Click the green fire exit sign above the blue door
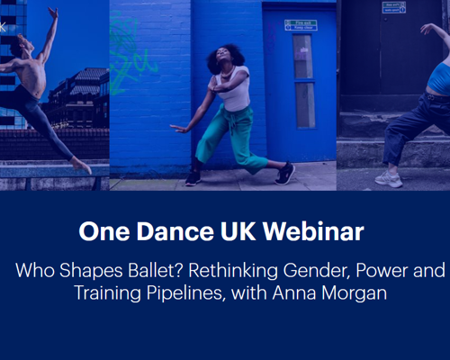(x=301, y=25)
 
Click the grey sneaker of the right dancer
(x=388, y=178)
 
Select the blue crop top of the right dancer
(x=439, y=79)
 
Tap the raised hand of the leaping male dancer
(x=54, y=12)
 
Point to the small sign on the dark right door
(x=393, y=7)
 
